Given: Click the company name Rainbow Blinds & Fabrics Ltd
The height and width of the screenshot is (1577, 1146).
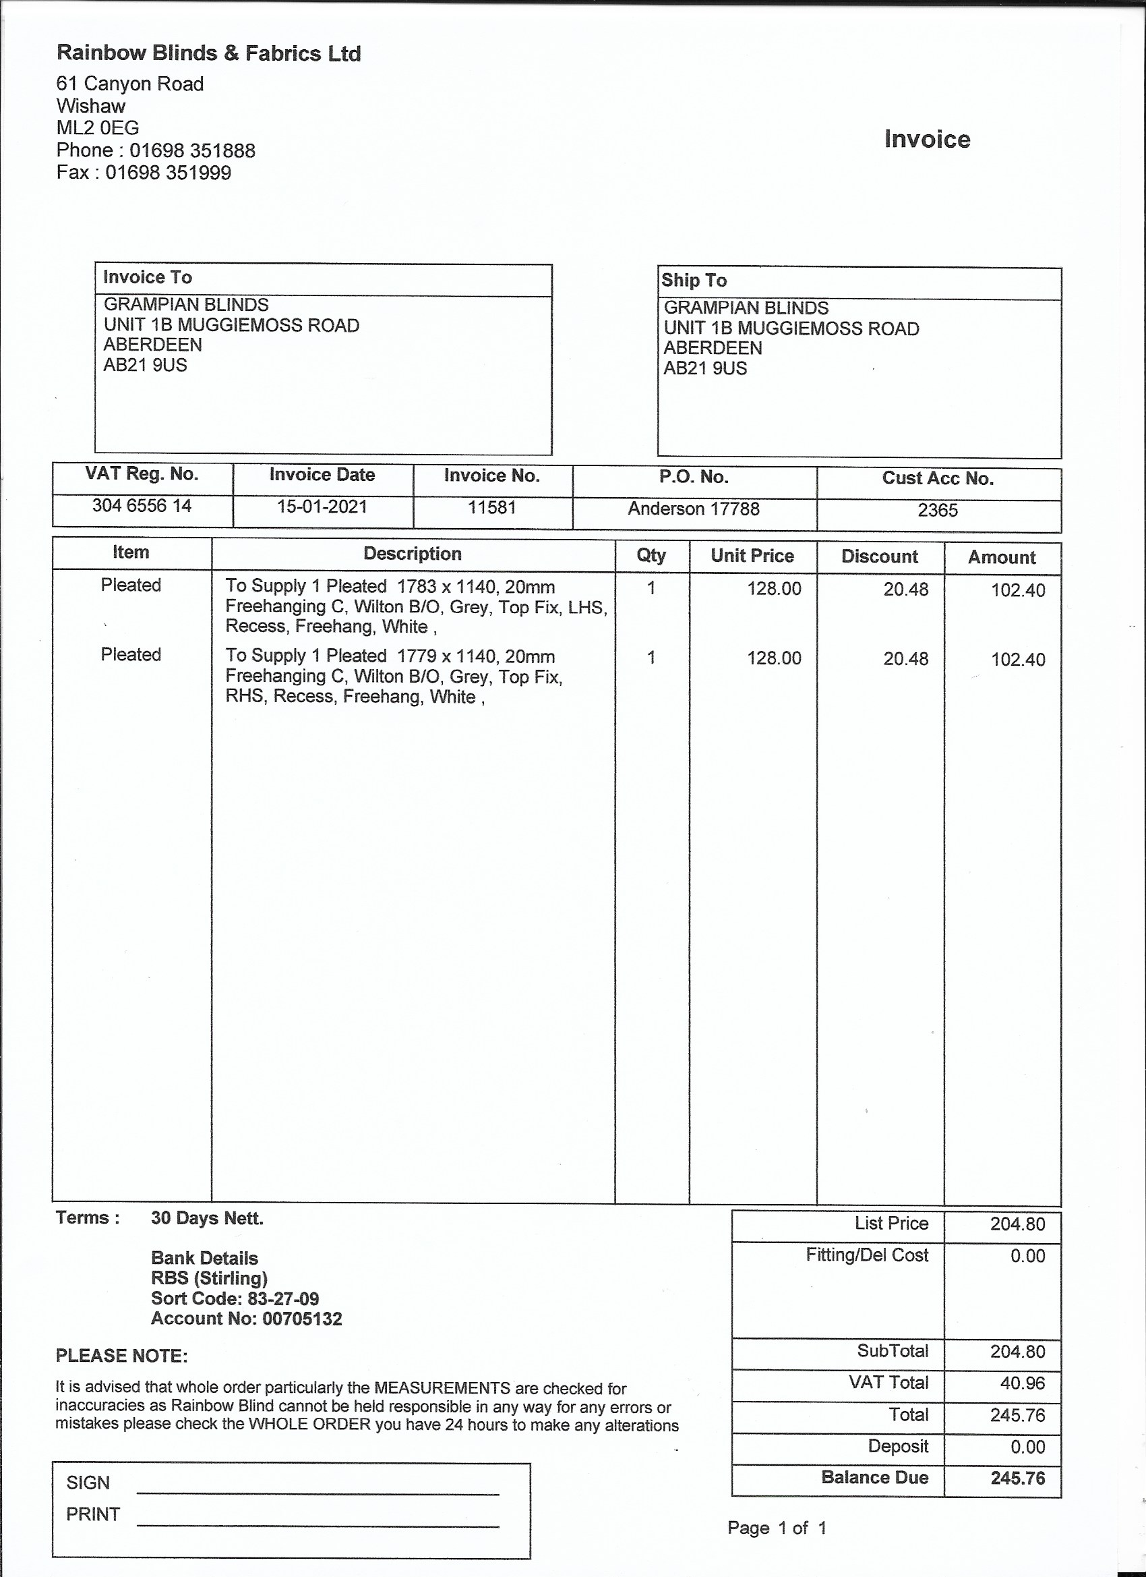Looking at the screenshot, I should (208, 53).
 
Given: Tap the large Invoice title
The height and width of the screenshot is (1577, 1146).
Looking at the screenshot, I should (927, 139).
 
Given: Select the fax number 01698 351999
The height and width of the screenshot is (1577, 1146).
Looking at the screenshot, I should (167, 173).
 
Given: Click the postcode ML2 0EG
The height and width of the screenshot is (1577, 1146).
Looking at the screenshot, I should (97, 128).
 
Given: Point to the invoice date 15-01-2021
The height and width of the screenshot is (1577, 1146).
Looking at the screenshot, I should (322, 506).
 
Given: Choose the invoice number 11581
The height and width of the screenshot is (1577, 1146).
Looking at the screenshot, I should (491, 507).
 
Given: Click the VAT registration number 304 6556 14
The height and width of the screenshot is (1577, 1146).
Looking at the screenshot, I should (142, 505).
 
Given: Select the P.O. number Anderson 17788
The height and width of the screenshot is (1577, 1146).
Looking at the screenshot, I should (694, 509).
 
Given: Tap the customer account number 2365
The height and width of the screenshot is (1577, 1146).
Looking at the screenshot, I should (938, 511).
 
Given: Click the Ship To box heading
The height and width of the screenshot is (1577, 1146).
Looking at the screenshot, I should (694, 280).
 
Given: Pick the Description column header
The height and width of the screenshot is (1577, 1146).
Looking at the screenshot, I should (412, 554).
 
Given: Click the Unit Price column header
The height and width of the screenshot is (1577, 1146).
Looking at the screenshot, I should (752, 556).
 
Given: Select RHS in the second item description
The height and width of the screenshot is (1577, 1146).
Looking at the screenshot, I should (244, 697).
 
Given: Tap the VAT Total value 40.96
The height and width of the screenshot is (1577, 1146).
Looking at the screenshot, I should (1022, 1383).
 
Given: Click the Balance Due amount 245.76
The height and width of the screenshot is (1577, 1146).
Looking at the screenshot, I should (1017, 1478).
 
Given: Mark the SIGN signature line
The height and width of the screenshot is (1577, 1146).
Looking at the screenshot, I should (318, 1492).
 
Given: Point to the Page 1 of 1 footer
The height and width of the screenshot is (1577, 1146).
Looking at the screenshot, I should (777, 1528).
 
